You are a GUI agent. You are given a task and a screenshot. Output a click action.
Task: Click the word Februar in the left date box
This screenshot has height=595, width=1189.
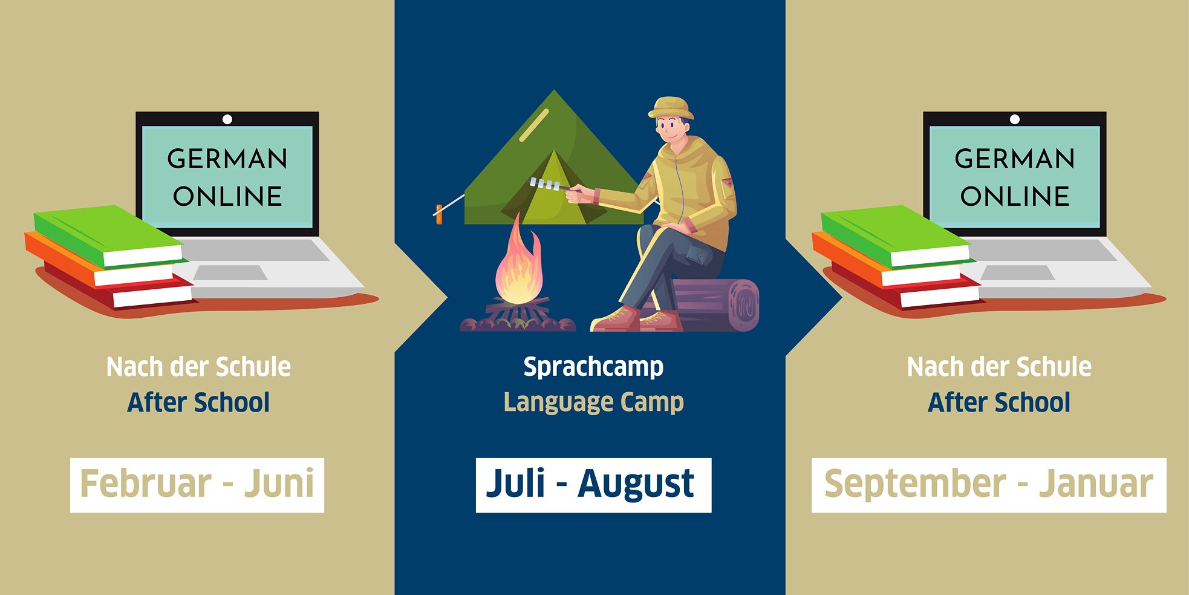coord(146,484)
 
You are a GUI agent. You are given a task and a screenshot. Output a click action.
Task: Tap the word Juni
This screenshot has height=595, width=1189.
coord(279,484)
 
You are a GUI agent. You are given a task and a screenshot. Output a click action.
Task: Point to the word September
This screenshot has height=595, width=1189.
coord(915,484)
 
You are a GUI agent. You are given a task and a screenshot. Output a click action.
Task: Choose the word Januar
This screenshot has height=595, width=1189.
coord(1096,484)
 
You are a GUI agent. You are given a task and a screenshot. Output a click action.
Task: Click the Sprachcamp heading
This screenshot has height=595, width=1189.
coord(593,367)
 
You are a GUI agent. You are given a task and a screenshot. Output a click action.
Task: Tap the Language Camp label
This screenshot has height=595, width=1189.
coord(593,403)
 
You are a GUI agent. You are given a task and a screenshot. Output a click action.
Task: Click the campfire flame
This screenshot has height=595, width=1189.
coord(518,261)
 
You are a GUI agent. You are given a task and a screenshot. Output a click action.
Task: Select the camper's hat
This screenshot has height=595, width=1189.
coord(671,108)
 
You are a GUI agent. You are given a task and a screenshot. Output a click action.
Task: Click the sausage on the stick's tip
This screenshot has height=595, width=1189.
coord(438,214)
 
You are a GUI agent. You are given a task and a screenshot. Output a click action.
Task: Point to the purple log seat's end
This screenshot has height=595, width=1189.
coord(744,306)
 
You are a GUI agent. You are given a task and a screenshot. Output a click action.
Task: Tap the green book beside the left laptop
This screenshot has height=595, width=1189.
coord(108,235)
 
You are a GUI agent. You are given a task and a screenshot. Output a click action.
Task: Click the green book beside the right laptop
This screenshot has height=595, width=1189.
coord(895,235)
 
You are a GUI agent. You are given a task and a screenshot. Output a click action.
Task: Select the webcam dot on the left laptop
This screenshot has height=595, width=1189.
coord(227,119)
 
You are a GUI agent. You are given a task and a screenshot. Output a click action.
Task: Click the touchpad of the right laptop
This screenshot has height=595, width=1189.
coord(1017,272)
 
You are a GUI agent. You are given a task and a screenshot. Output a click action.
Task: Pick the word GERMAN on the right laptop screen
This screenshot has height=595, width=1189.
coord(1015,159)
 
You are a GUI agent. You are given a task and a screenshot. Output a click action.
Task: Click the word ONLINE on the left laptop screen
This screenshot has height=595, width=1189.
coord(227,197)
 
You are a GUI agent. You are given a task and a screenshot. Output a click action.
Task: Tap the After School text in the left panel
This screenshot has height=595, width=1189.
coord(198,403)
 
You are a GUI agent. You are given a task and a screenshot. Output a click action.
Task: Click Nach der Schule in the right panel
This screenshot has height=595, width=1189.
coord(999,367)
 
